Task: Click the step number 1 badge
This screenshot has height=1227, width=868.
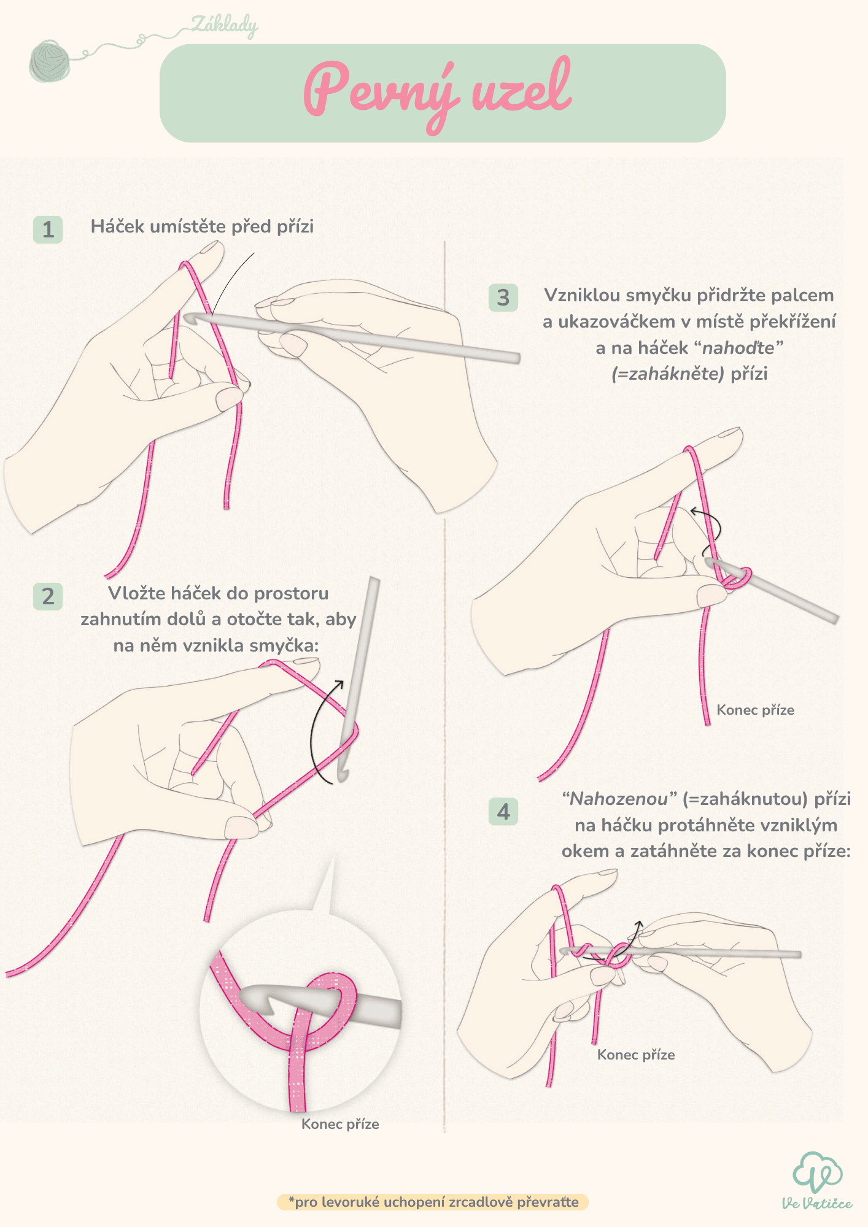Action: [48, 229]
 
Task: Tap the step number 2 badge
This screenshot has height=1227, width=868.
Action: [48, 596]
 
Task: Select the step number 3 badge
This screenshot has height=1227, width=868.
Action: [503, 298]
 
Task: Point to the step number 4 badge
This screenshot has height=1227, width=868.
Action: [503, 812]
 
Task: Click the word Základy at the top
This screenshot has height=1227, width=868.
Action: [225, 26]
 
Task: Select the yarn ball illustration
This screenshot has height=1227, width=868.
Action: [50, 60]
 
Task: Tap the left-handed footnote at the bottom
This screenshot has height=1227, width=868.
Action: [433, 1202]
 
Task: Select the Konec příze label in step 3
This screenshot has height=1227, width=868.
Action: [755, 710]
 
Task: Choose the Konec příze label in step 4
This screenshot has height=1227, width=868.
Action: [636, 1055]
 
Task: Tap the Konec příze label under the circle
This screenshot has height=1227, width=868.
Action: [340, 1125]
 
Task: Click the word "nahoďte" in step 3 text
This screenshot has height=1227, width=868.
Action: [738, 348]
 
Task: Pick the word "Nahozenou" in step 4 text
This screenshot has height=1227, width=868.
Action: [618, 799]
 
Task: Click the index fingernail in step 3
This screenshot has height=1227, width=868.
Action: [729, 433]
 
